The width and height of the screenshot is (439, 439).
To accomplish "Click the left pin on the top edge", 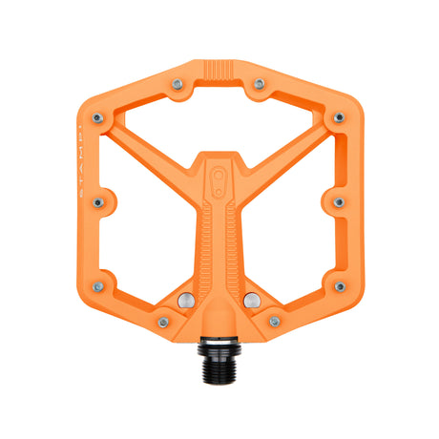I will point(178,84).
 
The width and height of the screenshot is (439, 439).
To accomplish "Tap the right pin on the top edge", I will point(259,84).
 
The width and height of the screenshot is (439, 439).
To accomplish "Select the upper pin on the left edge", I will point(100,117).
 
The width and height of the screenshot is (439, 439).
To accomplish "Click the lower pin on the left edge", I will point(100,285).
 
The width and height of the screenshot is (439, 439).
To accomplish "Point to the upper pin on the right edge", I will point(338,117).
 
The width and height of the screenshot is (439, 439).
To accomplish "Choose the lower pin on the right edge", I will point(338,285).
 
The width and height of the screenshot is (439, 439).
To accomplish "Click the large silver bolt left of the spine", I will point(186,302).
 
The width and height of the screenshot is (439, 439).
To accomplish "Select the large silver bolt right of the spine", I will point(251,302).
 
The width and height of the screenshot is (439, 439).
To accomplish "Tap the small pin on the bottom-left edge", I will point(163,322).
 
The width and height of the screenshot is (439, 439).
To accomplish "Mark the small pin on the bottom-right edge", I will point(275,322).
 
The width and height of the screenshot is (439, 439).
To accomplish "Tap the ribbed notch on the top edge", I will point(219,72).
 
